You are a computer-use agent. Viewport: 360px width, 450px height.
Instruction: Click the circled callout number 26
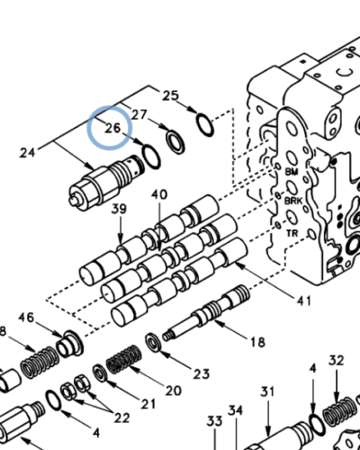point(112,129)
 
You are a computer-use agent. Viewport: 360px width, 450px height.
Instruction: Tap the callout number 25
point(171,95)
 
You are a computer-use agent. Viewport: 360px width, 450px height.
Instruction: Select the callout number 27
point(139,115)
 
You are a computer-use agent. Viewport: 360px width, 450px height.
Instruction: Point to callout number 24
point(27,152)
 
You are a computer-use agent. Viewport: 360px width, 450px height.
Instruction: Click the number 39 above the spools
point(119,209)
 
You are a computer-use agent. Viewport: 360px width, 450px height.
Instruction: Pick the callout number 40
point(159,194)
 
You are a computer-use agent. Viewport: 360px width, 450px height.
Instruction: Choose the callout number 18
point(257,342)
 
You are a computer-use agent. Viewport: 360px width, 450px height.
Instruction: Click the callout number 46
point(26,318)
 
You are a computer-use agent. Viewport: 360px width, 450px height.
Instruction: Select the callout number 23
point(201,373)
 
